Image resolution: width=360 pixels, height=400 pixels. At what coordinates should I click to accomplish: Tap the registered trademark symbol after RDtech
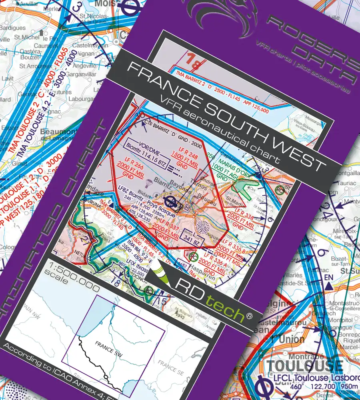250,316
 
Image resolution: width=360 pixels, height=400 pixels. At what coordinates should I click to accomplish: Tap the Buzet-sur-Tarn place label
331,250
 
